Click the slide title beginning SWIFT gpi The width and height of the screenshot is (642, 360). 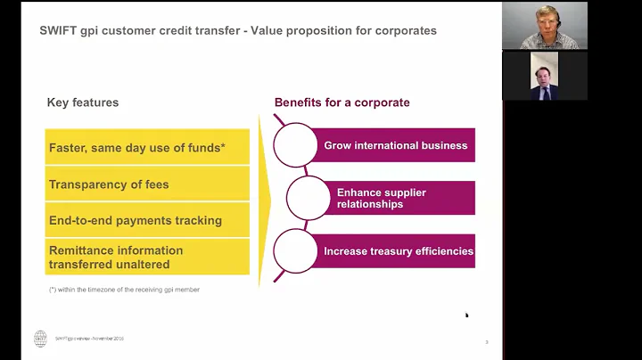point(238,30)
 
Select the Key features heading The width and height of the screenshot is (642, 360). point(83,102)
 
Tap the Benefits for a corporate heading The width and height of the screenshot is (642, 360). point(342,102)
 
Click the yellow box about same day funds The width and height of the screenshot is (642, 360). point(147,147)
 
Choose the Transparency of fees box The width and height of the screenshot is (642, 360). point(147,184)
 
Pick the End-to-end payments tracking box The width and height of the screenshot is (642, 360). point(147,220)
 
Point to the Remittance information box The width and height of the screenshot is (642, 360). point(147,257)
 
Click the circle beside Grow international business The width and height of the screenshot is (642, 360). point(295,145)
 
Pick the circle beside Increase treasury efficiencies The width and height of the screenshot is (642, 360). point(295,251)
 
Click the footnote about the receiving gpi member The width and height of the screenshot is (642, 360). point(124,290)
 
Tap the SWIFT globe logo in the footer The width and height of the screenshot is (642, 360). point(40,339)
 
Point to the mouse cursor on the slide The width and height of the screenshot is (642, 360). point(466,315)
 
